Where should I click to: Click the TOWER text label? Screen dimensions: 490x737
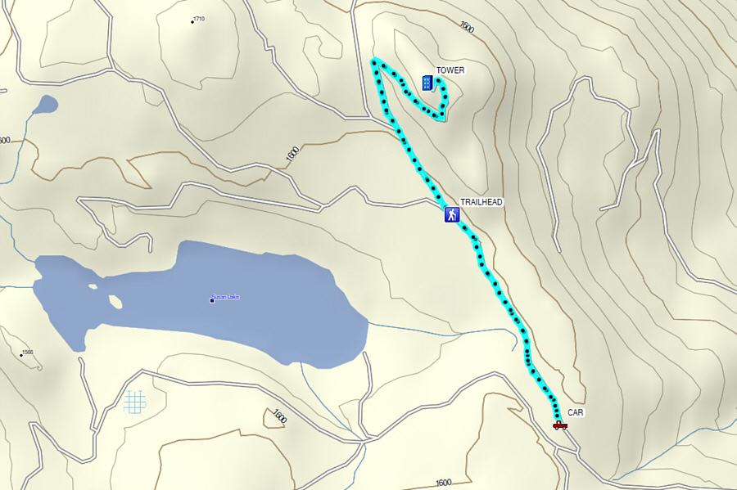click(450, 70)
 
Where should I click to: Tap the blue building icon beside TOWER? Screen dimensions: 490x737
click(427, 83)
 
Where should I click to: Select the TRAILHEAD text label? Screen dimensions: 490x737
click(481, 201)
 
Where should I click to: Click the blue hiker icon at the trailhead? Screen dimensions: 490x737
click(451, 215)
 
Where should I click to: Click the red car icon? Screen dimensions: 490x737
click(560, 425)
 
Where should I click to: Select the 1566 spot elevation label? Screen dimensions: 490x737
click(27, 353)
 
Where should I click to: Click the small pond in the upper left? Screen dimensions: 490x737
click(47, 104)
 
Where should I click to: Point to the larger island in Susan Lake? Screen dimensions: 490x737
click(115, 302)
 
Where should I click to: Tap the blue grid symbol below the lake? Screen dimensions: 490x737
click(135, 401)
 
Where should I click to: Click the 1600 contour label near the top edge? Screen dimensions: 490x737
click(467, 28)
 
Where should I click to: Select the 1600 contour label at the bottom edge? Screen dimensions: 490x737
click(443, 483)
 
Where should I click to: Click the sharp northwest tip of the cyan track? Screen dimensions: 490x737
click(374, 61)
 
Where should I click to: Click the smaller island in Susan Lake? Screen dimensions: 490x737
click(93, 286)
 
